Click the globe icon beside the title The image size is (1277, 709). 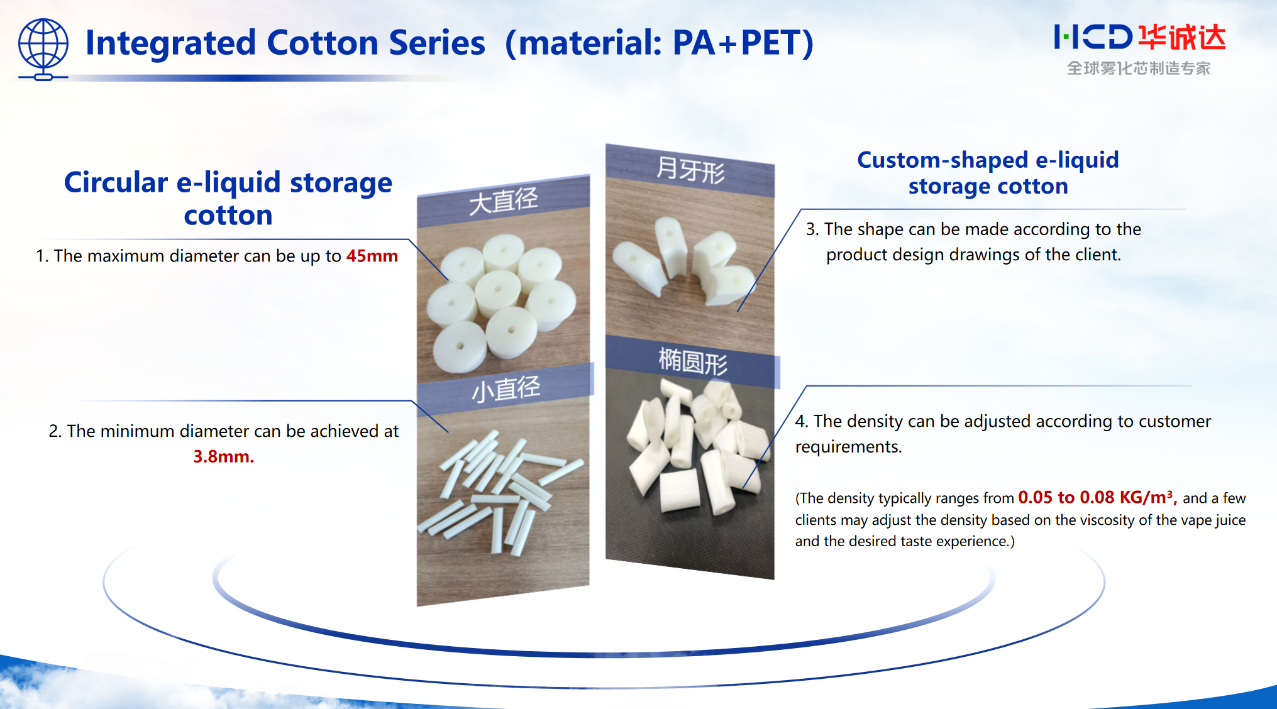pyautogui.click(x=43, y=48)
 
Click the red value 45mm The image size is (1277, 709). pyautogui.click(x=372, y=256)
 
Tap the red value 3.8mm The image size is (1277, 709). pyautogui.click(x=223, y=456)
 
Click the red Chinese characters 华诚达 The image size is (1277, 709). pyautogui.click(x=1182, y=38)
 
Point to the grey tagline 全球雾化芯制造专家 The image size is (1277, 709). pyautogui.click(x=1138, y=68)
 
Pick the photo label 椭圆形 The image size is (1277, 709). pyautogui.click(x=692, y=362)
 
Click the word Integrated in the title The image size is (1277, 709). pyautogui.click(x=170, y=43)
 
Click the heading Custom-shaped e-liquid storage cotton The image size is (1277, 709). pyautogui.click(x=988, y=173)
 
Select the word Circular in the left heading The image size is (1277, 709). pyautogui.click(x=116, y=183)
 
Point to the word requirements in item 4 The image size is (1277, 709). pyautogui.click(x=848, y=447)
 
